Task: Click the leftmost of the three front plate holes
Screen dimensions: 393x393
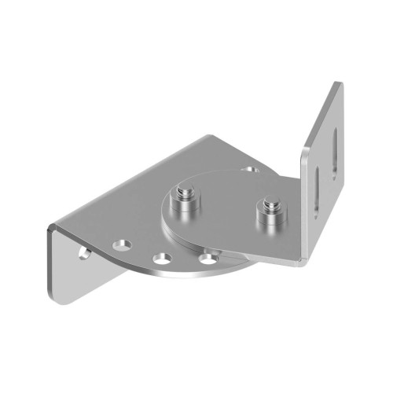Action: (x=122, y=245)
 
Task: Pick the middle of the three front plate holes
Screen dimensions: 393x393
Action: (x=163, y=258)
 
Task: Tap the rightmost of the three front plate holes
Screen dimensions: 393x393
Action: (x=208, y=256)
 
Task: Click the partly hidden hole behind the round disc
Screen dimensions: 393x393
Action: (x=250, y=168)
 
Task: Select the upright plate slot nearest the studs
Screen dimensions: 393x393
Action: (x=314, y=188)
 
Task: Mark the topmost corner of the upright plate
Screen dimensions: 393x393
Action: (x=340, y=83)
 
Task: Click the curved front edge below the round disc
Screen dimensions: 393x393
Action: (x=196, y=277)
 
